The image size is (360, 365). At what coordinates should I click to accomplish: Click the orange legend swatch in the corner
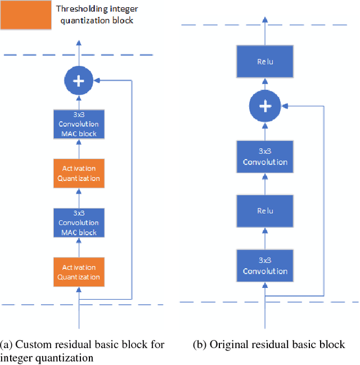click(x=25, y=15)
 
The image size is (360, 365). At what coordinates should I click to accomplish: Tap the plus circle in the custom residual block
click(x=79, y=82)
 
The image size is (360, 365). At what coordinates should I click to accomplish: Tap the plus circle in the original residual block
click(x=265, y=105)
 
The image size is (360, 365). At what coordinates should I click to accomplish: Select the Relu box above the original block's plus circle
click(x=265, y=61)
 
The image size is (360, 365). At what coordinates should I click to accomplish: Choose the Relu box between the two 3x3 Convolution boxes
click(x=265, y=211)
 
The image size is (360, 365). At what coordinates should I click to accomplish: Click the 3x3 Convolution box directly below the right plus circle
click(x=265, y=157)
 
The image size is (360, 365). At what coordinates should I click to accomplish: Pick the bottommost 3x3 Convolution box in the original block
click(x=265, y=266)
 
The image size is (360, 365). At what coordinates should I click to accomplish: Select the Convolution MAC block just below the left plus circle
click(x=79, y=124)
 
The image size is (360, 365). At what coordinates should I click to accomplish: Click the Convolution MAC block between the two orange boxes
click(x=79, y=223)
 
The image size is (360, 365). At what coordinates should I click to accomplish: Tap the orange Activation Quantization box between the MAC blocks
click(x=79, y=173)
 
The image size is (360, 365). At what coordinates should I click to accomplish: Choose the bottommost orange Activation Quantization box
click(x=79, y=272)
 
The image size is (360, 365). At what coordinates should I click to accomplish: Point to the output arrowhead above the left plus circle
click(x=79, y=43)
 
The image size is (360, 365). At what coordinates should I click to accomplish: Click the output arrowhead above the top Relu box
click(x=265, y=21)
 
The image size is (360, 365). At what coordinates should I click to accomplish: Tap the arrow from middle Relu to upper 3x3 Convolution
click(x=265, y=184)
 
